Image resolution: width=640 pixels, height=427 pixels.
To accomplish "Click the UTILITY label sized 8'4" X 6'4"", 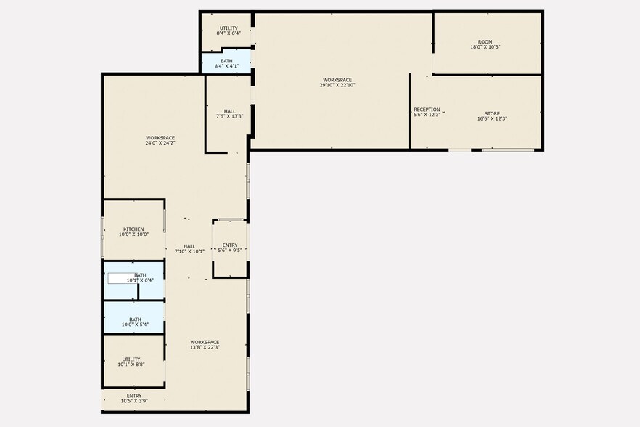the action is point(229,28).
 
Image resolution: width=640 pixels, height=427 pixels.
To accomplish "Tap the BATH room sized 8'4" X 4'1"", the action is point(226,62).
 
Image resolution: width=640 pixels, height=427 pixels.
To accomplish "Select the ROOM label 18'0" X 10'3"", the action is point(485,41).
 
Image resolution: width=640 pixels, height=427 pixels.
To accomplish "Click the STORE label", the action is point(492,113).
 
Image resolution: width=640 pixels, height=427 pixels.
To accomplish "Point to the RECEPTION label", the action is point(427,110).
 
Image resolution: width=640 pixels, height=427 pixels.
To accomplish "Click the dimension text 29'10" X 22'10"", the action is point(337,85).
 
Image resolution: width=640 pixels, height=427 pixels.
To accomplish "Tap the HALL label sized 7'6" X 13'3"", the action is point(230,111).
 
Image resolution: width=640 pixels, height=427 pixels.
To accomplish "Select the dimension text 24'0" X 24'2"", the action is point(160,143).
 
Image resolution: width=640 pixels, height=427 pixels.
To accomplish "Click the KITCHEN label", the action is point(134,229).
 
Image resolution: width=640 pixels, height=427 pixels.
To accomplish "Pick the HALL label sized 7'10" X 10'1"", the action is point(189,246).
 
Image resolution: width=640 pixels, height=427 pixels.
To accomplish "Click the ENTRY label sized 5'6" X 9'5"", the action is point(230,245).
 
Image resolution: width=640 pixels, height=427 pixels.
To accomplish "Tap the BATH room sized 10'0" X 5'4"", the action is point(134,317).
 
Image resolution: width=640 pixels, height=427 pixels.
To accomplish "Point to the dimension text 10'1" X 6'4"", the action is point(140,280).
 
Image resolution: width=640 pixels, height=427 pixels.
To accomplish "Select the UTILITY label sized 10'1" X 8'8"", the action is point(131,359).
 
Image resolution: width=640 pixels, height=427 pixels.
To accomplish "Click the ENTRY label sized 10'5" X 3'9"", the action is point(134,396).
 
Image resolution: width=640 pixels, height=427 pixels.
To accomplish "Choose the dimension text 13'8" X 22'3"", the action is point(205,347).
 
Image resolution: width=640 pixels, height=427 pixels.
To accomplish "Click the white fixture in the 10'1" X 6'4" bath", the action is point(122,278).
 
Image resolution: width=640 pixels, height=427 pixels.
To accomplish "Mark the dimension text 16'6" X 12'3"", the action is point(492,118).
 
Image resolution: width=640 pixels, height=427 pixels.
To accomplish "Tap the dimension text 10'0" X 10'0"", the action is point(134,234).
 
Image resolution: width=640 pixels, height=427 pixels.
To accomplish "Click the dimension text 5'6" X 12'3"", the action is point(427,115).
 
